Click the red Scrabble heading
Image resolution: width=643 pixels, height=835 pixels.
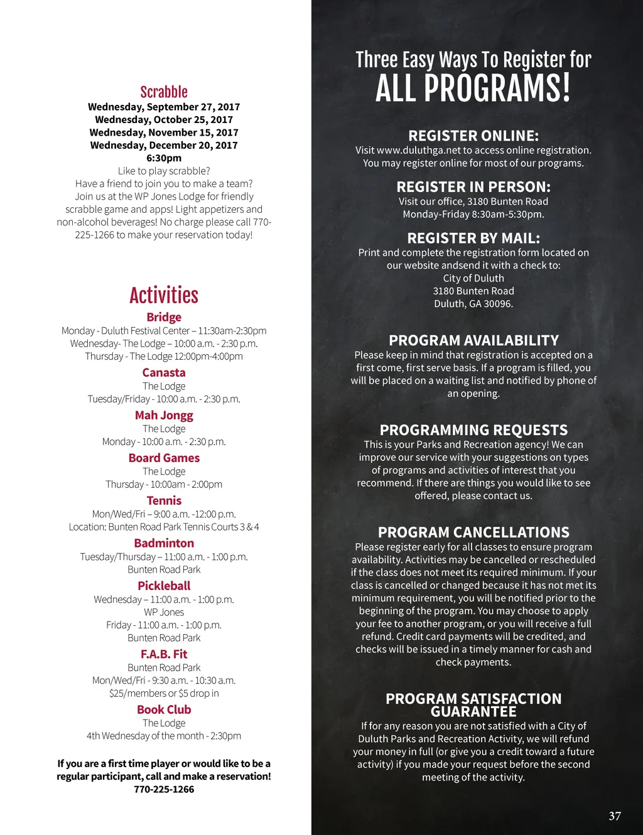point(164,92)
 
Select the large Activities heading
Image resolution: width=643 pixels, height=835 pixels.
point(164,295)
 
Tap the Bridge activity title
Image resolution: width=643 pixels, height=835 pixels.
point(164,317)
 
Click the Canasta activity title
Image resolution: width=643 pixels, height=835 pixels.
point(164,372)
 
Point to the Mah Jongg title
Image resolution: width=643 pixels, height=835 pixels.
point(164,415)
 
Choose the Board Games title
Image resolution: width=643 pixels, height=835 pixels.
point(164,458)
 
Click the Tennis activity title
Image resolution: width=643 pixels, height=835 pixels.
point(164,500)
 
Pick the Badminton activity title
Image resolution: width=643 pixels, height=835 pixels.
point(164,543)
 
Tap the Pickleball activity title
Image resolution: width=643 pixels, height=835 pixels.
point(164,586)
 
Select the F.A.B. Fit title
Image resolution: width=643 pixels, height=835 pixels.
point(164,654)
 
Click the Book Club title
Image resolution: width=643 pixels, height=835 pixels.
point(164,709)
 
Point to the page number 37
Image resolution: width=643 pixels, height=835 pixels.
point(615,816)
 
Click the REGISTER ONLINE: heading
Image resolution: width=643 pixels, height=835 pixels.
point(473,136)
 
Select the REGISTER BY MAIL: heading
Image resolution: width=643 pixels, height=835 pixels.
point(473,238)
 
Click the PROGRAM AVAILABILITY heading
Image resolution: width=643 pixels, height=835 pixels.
point(473,340)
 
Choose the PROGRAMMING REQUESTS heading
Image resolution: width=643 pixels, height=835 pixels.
point(473,430)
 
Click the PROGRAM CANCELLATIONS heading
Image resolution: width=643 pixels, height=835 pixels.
point(473,532)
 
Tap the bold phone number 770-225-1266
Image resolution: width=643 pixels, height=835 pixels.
point(164,789)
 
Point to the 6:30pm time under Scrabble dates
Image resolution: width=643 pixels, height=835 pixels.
point(164,158)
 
